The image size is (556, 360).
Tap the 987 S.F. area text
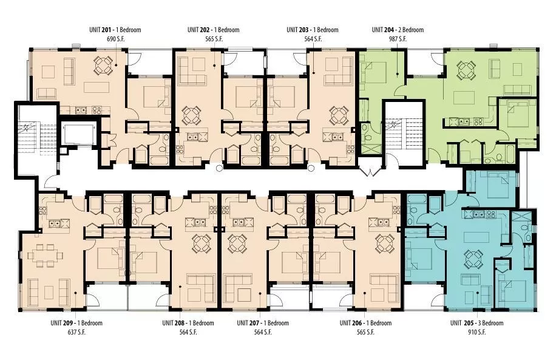click(398, 39)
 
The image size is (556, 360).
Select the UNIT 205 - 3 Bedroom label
click(476, 323)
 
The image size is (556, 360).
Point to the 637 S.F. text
click(76, 332)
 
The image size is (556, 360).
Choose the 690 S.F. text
click(115, 39)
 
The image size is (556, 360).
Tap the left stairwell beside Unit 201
click(37, 138)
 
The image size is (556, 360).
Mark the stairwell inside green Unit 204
click(404, 134)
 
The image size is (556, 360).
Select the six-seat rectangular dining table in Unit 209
click(46, 255)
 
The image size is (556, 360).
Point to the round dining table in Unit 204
click(466, 70)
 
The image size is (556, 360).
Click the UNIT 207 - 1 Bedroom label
click(263, 323)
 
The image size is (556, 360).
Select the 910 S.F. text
click(476, 332)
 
